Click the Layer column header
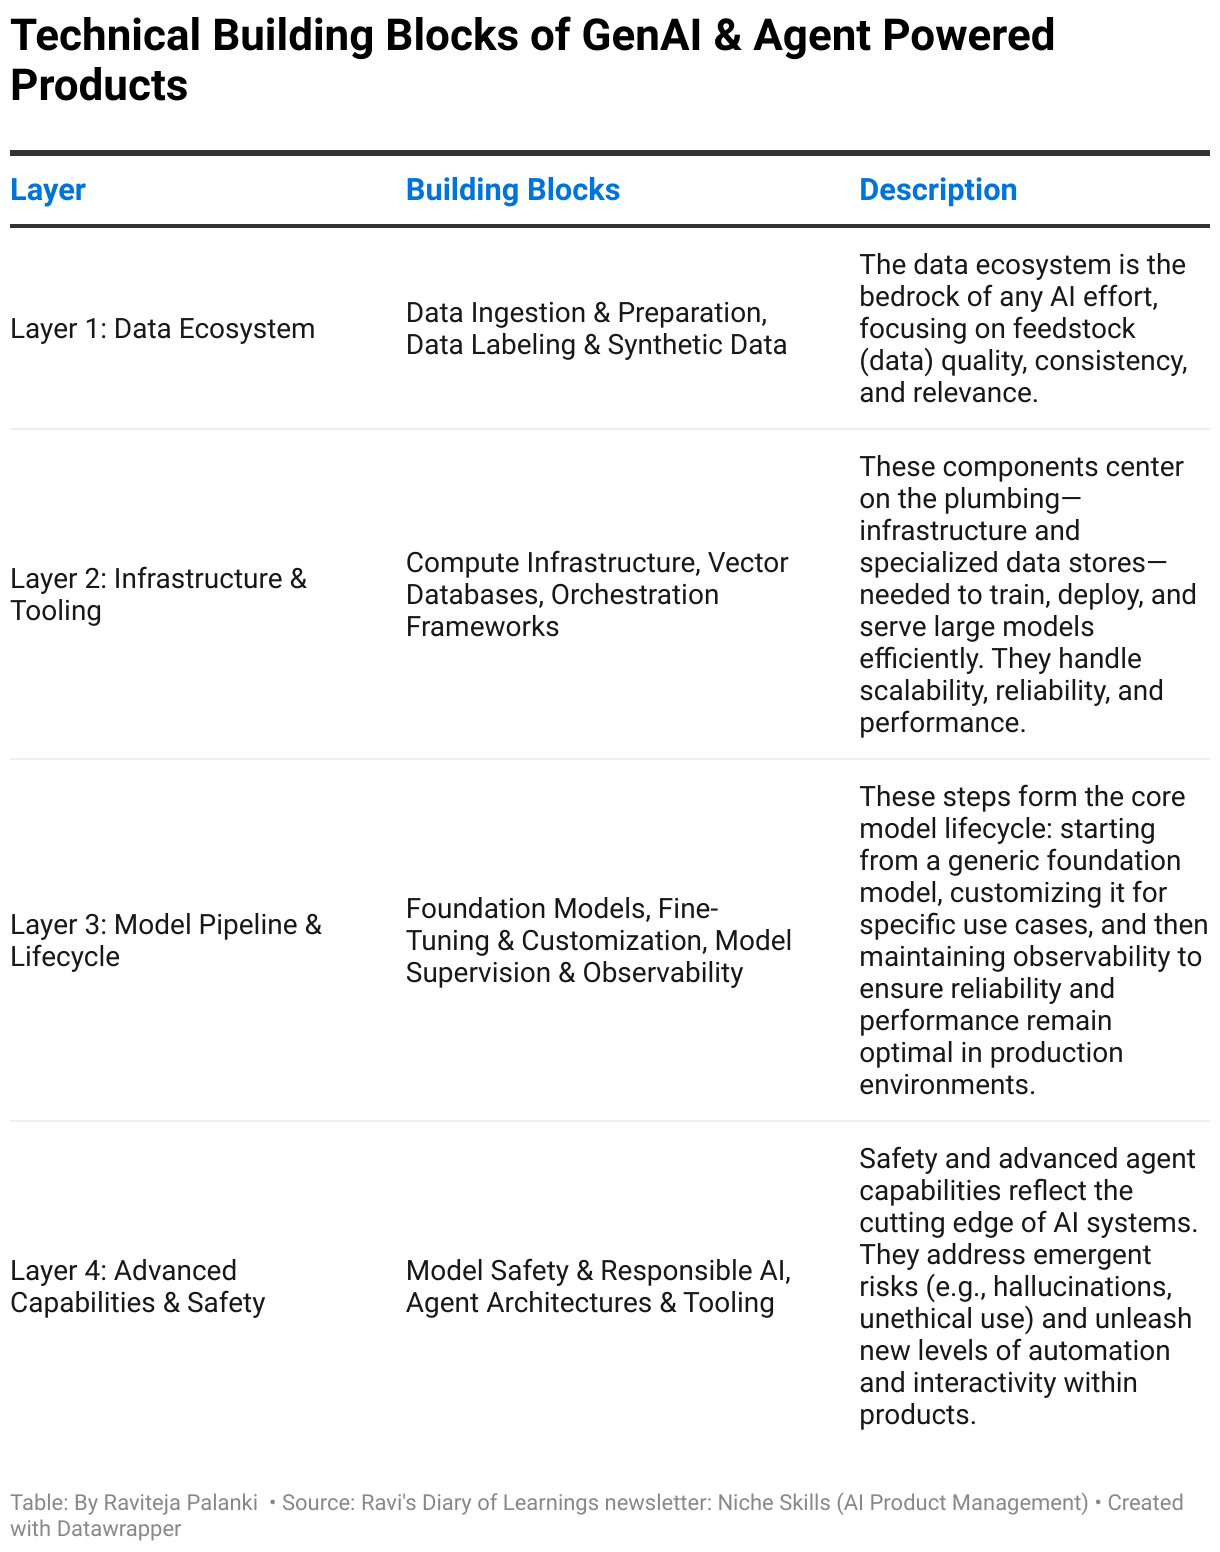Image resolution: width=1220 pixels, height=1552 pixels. click(x=48, y=190)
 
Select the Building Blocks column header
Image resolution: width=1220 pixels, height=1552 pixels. click(x=512, y=190)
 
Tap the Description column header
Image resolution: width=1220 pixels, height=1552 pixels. click(x=937, y=190)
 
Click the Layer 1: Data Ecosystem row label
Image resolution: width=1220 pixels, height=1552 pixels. click(x=162, y=329)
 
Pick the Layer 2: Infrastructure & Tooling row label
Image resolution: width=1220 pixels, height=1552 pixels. click(x=158, y=594)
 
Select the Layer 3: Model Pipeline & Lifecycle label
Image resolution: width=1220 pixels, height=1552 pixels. click(x=165, y=940)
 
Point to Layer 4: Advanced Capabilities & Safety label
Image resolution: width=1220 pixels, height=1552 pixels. click(x=137, y=1286)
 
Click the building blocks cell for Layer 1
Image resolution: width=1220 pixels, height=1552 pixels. click(x=595, y=329)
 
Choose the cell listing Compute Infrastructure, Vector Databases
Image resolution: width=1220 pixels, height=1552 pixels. click(x=596, y=594)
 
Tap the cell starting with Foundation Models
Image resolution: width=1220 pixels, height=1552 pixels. click(x=598, y=940)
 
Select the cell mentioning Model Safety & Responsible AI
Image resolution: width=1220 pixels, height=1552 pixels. click(x=597, y=1286)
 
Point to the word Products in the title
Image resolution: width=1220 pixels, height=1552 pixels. click(x=99, y=86)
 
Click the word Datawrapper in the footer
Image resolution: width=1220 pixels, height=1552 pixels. click(x=119, y=1528)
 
